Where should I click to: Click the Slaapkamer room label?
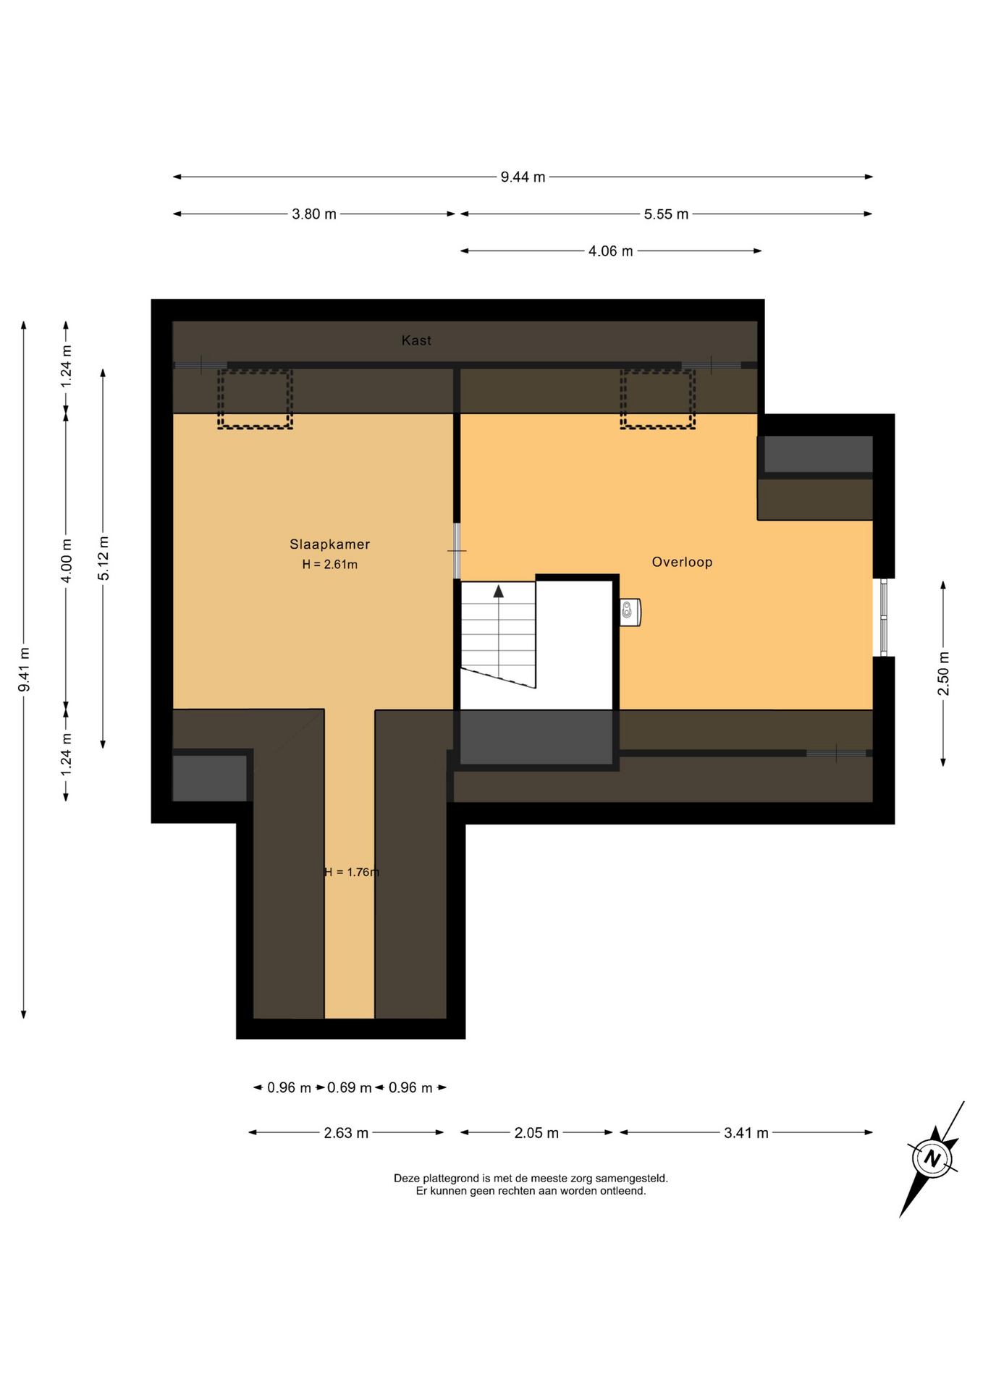tap(329, 544)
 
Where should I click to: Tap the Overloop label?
tap(682, 562)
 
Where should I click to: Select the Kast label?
tap(416, 340)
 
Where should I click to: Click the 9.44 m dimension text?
tap(523, 177)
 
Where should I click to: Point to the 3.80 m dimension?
tap(314, 214)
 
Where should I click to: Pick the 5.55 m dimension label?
tap(666, 214)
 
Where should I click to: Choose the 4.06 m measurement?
tap(610, 251)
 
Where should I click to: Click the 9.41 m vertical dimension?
tap(24, 670)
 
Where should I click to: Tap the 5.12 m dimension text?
tap(104, 558)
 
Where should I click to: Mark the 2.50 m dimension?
tap(943, 673)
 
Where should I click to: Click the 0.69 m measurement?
tap(349, 1087)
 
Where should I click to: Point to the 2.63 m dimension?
tap(346, 1133)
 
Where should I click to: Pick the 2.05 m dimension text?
tap(536, 1133)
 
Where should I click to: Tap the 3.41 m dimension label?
tap(746, 1133)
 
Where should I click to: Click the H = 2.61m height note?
tap(329, 565)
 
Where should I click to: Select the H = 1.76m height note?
tap(352, 872)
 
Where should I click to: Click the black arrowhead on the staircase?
tap(499, 591)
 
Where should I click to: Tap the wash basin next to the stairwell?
tap(630, 612)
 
